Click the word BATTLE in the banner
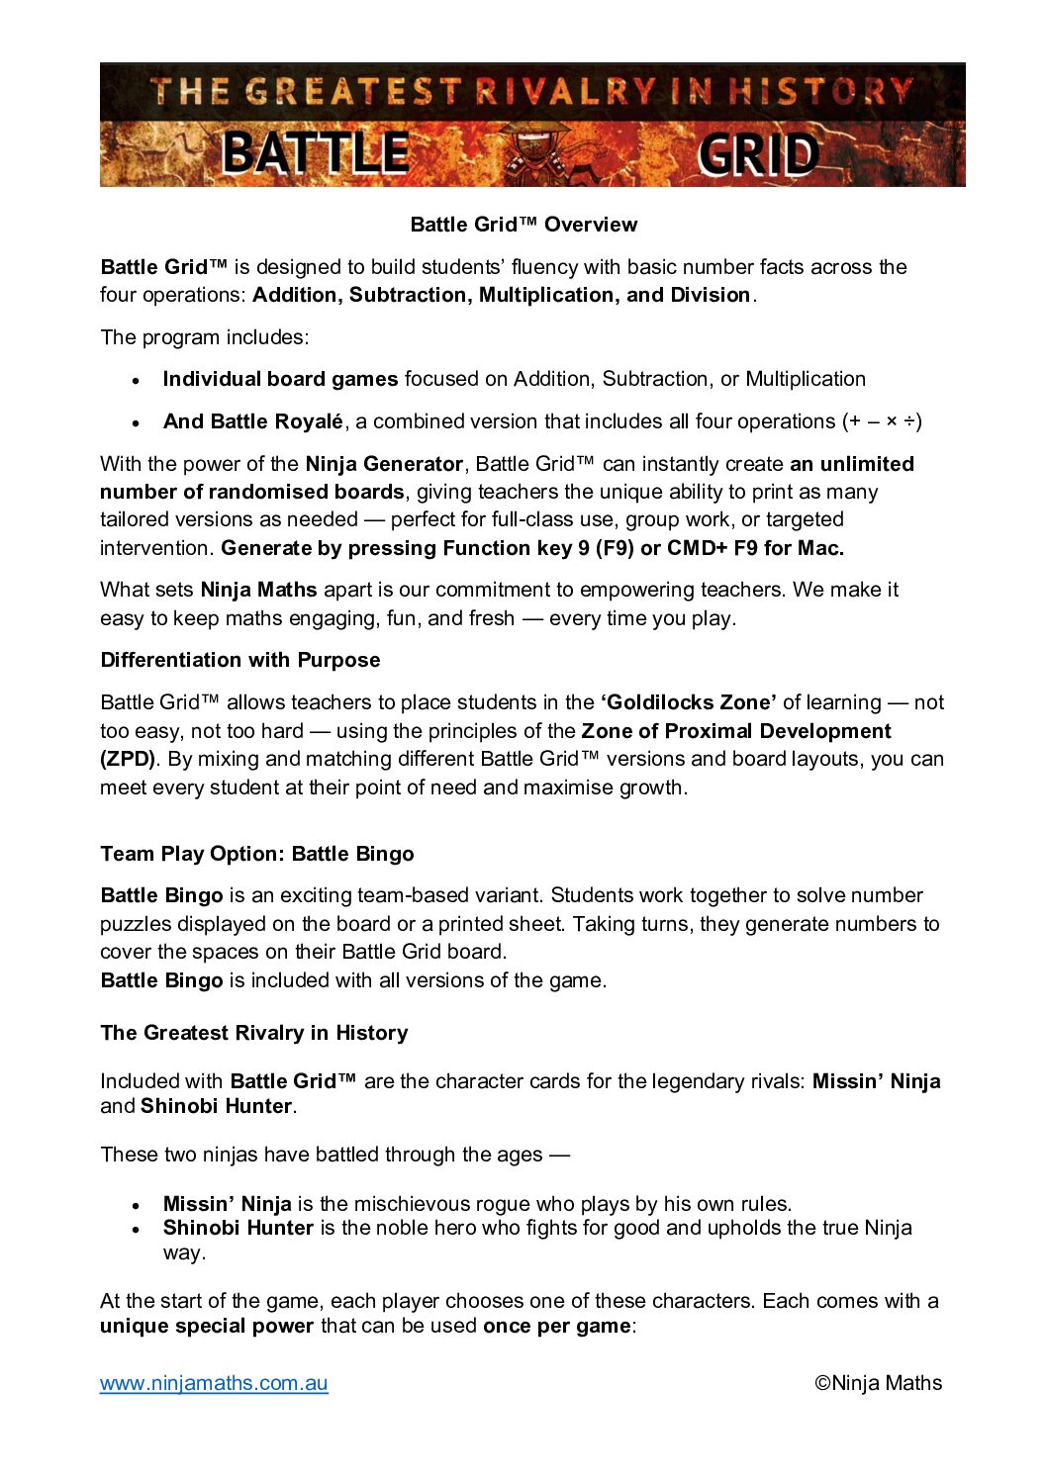[315, 153]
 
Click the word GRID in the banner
[758, 155]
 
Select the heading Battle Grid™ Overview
[523, 225]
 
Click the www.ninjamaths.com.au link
[214, 1383]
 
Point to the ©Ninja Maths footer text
[878, 1383]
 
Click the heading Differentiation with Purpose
[240, 660]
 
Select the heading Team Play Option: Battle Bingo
[257, 854]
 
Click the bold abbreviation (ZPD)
[128, 759]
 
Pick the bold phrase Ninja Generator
[384, 464]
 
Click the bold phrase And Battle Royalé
[253, 421]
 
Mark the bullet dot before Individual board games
[137, 380]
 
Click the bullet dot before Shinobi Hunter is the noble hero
[137, 1230]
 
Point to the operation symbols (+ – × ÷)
[883, 421]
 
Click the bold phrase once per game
[556, 1326]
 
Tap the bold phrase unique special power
[207, 1326]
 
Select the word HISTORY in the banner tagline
[819, 92]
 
